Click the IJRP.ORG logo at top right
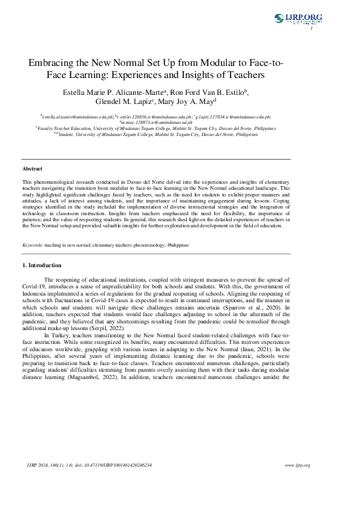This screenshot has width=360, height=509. pyautogui.click(x=298, y=19)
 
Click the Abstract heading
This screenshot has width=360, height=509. pyautogui.click(x=32, y=169)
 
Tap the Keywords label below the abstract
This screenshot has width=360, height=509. pyautogui.click(x=32, y=245)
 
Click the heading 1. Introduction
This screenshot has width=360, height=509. pyautogui.click(x=41, y=265)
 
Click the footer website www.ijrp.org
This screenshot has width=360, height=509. pyautogui.click(x=297, y=465)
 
